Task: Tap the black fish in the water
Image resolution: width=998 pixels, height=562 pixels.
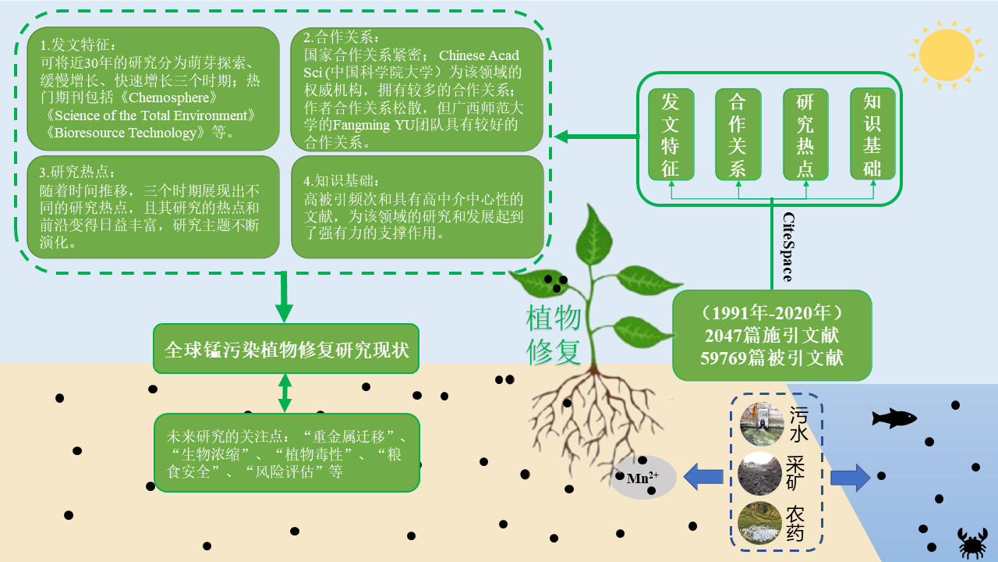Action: [x=894, y=418]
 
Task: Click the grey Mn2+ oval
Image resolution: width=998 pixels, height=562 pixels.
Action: [x=643, y=477]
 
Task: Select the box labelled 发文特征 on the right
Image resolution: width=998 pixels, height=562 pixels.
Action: [x=671, y=134]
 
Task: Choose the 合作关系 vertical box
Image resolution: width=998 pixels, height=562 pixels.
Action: [x=738, y=134]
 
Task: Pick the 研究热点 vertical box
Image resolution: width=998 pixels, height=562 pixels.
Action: [x=805, y=134]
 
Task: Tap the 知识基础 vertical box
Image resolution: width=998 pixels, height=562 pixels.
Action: [x=872, y=134]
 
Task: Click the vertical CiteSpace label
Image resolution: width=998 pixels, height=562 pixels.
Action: [x=787, y=247]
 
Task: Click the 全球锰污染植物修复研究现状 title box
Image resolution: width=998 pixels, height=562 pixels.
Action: [x=286, y=348]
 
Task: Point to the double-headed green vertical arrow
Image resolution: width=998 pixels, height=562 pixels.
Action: [x=285, y=393]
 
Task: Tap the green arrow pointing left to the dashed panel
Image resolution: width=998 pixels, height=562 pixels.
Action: [x=593, y=137]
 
